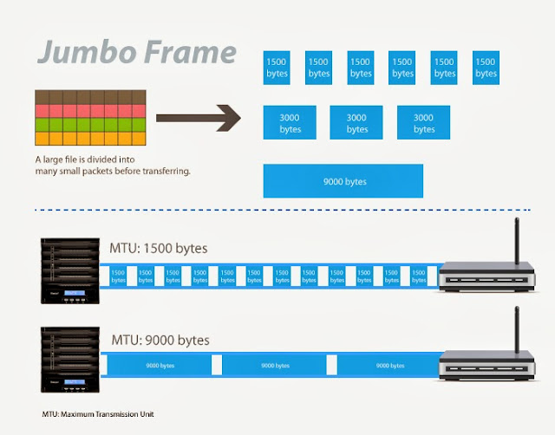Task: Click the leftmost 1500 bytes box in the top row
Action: [x=277, y=68]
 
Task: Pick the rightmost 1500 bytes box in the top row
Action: [x=486, y=68]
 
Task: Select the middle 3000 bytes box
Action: [x=356, y=123]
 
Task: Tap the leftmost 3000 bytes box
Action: [x=290, y=123]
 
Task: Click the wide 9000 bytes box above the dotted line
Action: [x=343, y=181]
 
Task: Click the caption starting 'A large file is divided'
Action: [x=113, y=165]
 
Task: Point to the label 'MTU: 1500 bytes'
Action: [x=159, y=249]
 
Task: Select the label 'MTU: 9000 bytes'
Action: [x=159, y=339]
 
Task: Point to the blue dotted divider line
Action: [x=277, y=209]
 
